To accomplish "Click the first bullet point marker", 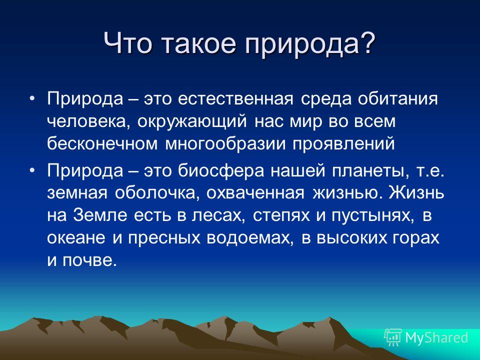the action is point(32,98).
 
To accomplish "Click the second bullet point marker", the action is point(32,171).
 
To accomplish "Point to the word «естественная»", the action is point(235,99).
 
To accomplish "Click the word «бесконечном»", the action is point(102,143).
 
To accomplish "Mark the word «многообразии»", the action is point(225,144).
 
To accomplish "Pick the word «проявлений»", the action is point(343,144).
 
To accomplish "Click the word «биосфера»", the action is point(220,171).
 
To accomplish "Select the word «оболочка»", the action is point(156,193).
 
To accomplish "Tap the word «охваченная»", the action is point(255,193).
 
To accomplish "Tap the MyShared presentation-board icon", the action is point(393,337).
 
